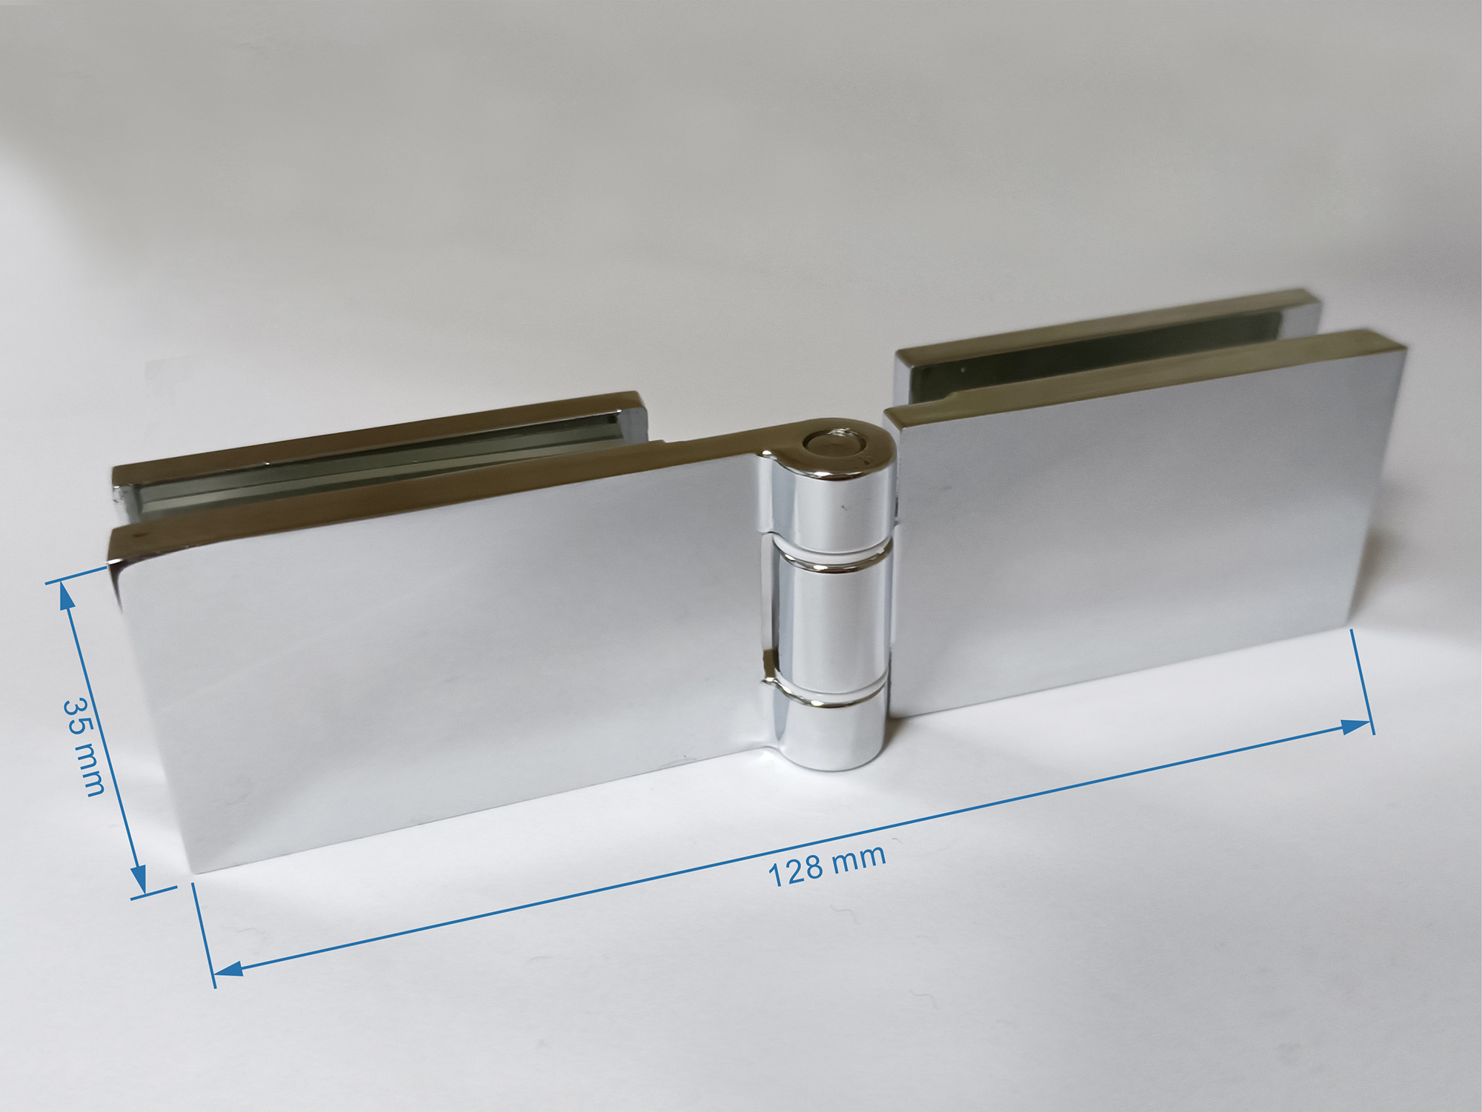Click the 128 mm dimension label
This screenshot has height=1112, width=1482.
tap(826, 865)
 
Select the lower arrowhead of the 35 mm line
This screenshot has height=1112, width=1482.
tap(139, 885)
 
